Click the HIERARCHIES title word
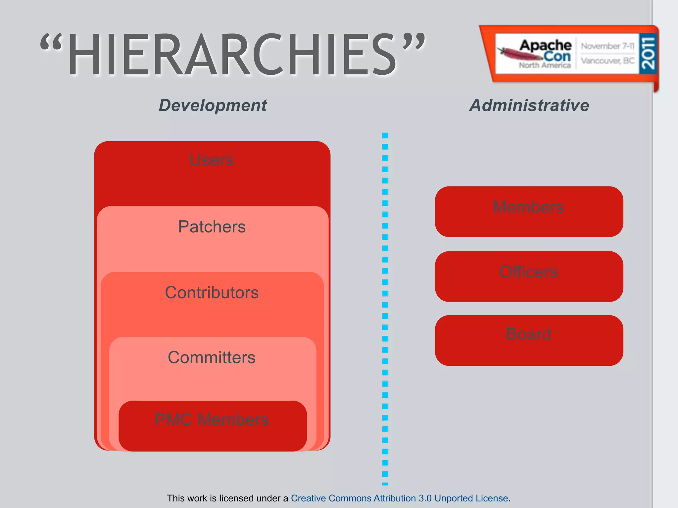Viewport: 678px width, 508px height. coord(232,55)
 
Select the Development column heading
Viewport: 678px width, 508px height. coord(213,106)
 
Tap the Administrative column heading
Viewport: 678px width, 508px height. coord(529,106)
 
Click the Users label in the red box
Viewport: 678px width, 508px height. coord(212,160)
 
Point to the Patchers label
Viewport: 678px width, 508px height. coord(212,227)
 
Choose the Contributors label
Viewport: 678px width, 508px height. coord(212,292)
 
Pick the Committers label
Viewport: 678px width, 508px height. coord(212,358)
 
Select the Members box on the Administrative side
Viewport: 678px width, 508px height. coord(529,212)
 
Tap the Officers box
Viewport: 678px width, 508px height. coord(529,276)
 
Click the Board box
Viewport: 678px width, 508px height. coord(529,340)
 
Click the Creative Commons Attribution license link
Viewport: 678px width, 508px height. coord(399,498)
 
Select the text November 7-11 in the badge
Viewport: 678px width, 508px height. coord(607,46)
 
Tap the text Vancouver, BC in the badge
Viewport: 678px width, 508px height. coord(607,61)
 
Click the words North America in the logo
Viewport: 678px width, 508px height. coord(545,65)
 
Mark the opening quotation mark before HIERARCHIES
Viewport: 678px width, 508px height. coord(51,43)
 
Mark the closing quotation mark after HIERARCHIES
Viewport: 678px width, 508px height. coord(413,42)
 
